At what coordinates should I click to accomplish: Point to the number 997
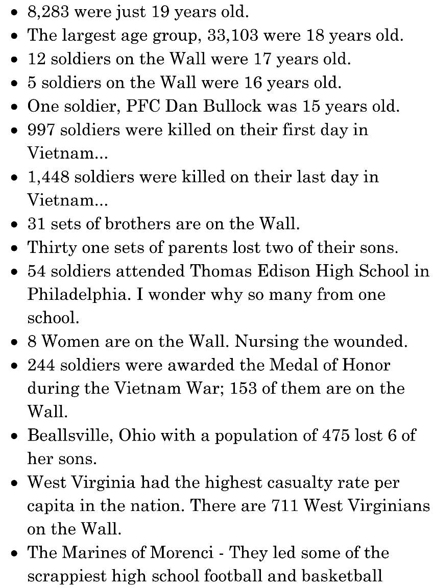[42, 130]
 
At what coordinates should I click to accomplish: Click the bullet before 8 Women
[16, 342]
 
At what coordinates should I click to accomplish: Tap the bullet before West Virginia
[16, 483]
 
